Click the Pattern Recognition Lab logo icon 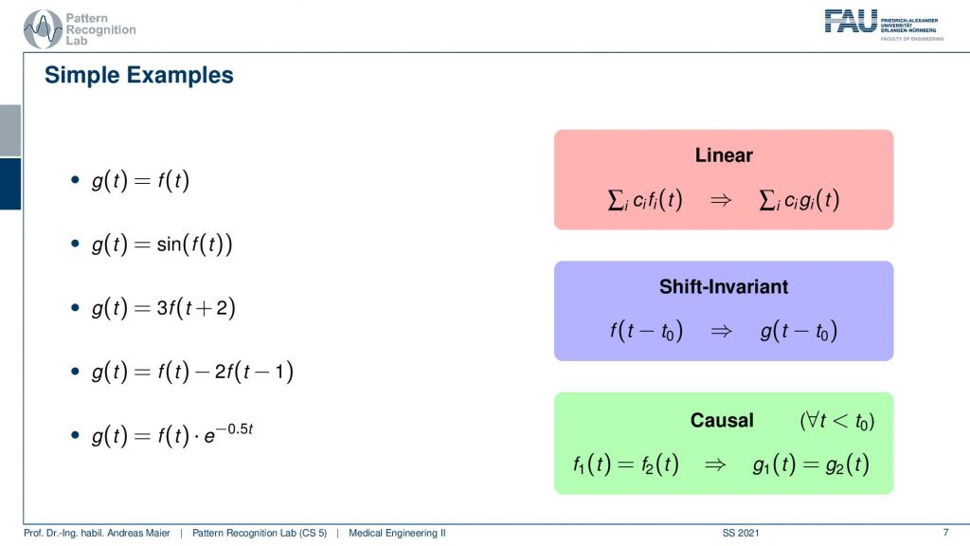pyautogui.click(x=43, y=29)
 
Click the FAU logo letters pyautogui.click(x=851, y=21)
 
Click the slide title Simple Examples pyautogui.click(x=139, y=75)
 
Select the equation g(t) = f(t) pyautogui.click(x=140, y=180)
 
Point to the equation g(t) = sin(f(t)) pyautogui.click(x=162, y=244)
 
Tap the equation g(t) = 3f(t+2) pyautogui.click(x=163, y=308)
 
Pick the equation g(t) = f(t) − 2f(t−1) pyautogui.click(x=192, y=372)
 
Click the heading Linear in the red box pyautogui.click(x=724, y=155)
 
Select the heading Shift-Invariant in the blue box pyautogui.click(x=724, y=286)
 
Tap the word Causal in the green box pyautogui.click(x=722, y=420)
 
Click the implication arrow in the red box pyautogui.click(x=721, y=200)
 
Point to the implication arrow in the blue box pyautogui.click(x=721, y=331)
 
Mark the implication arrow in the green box pyautogui.click(x=715, y=464)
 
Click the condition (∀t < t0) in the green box pyautogui.click(x=837, y=421)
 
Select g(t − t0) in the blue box pyautogui.click(x=799, y=331)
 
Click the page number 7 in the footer pyautogui.click(x=945, y=533)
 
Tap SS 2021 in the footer pyautogui.click(x=741, y=533)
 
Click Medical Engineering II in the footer pyautogui.click(x=397, y=533)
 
